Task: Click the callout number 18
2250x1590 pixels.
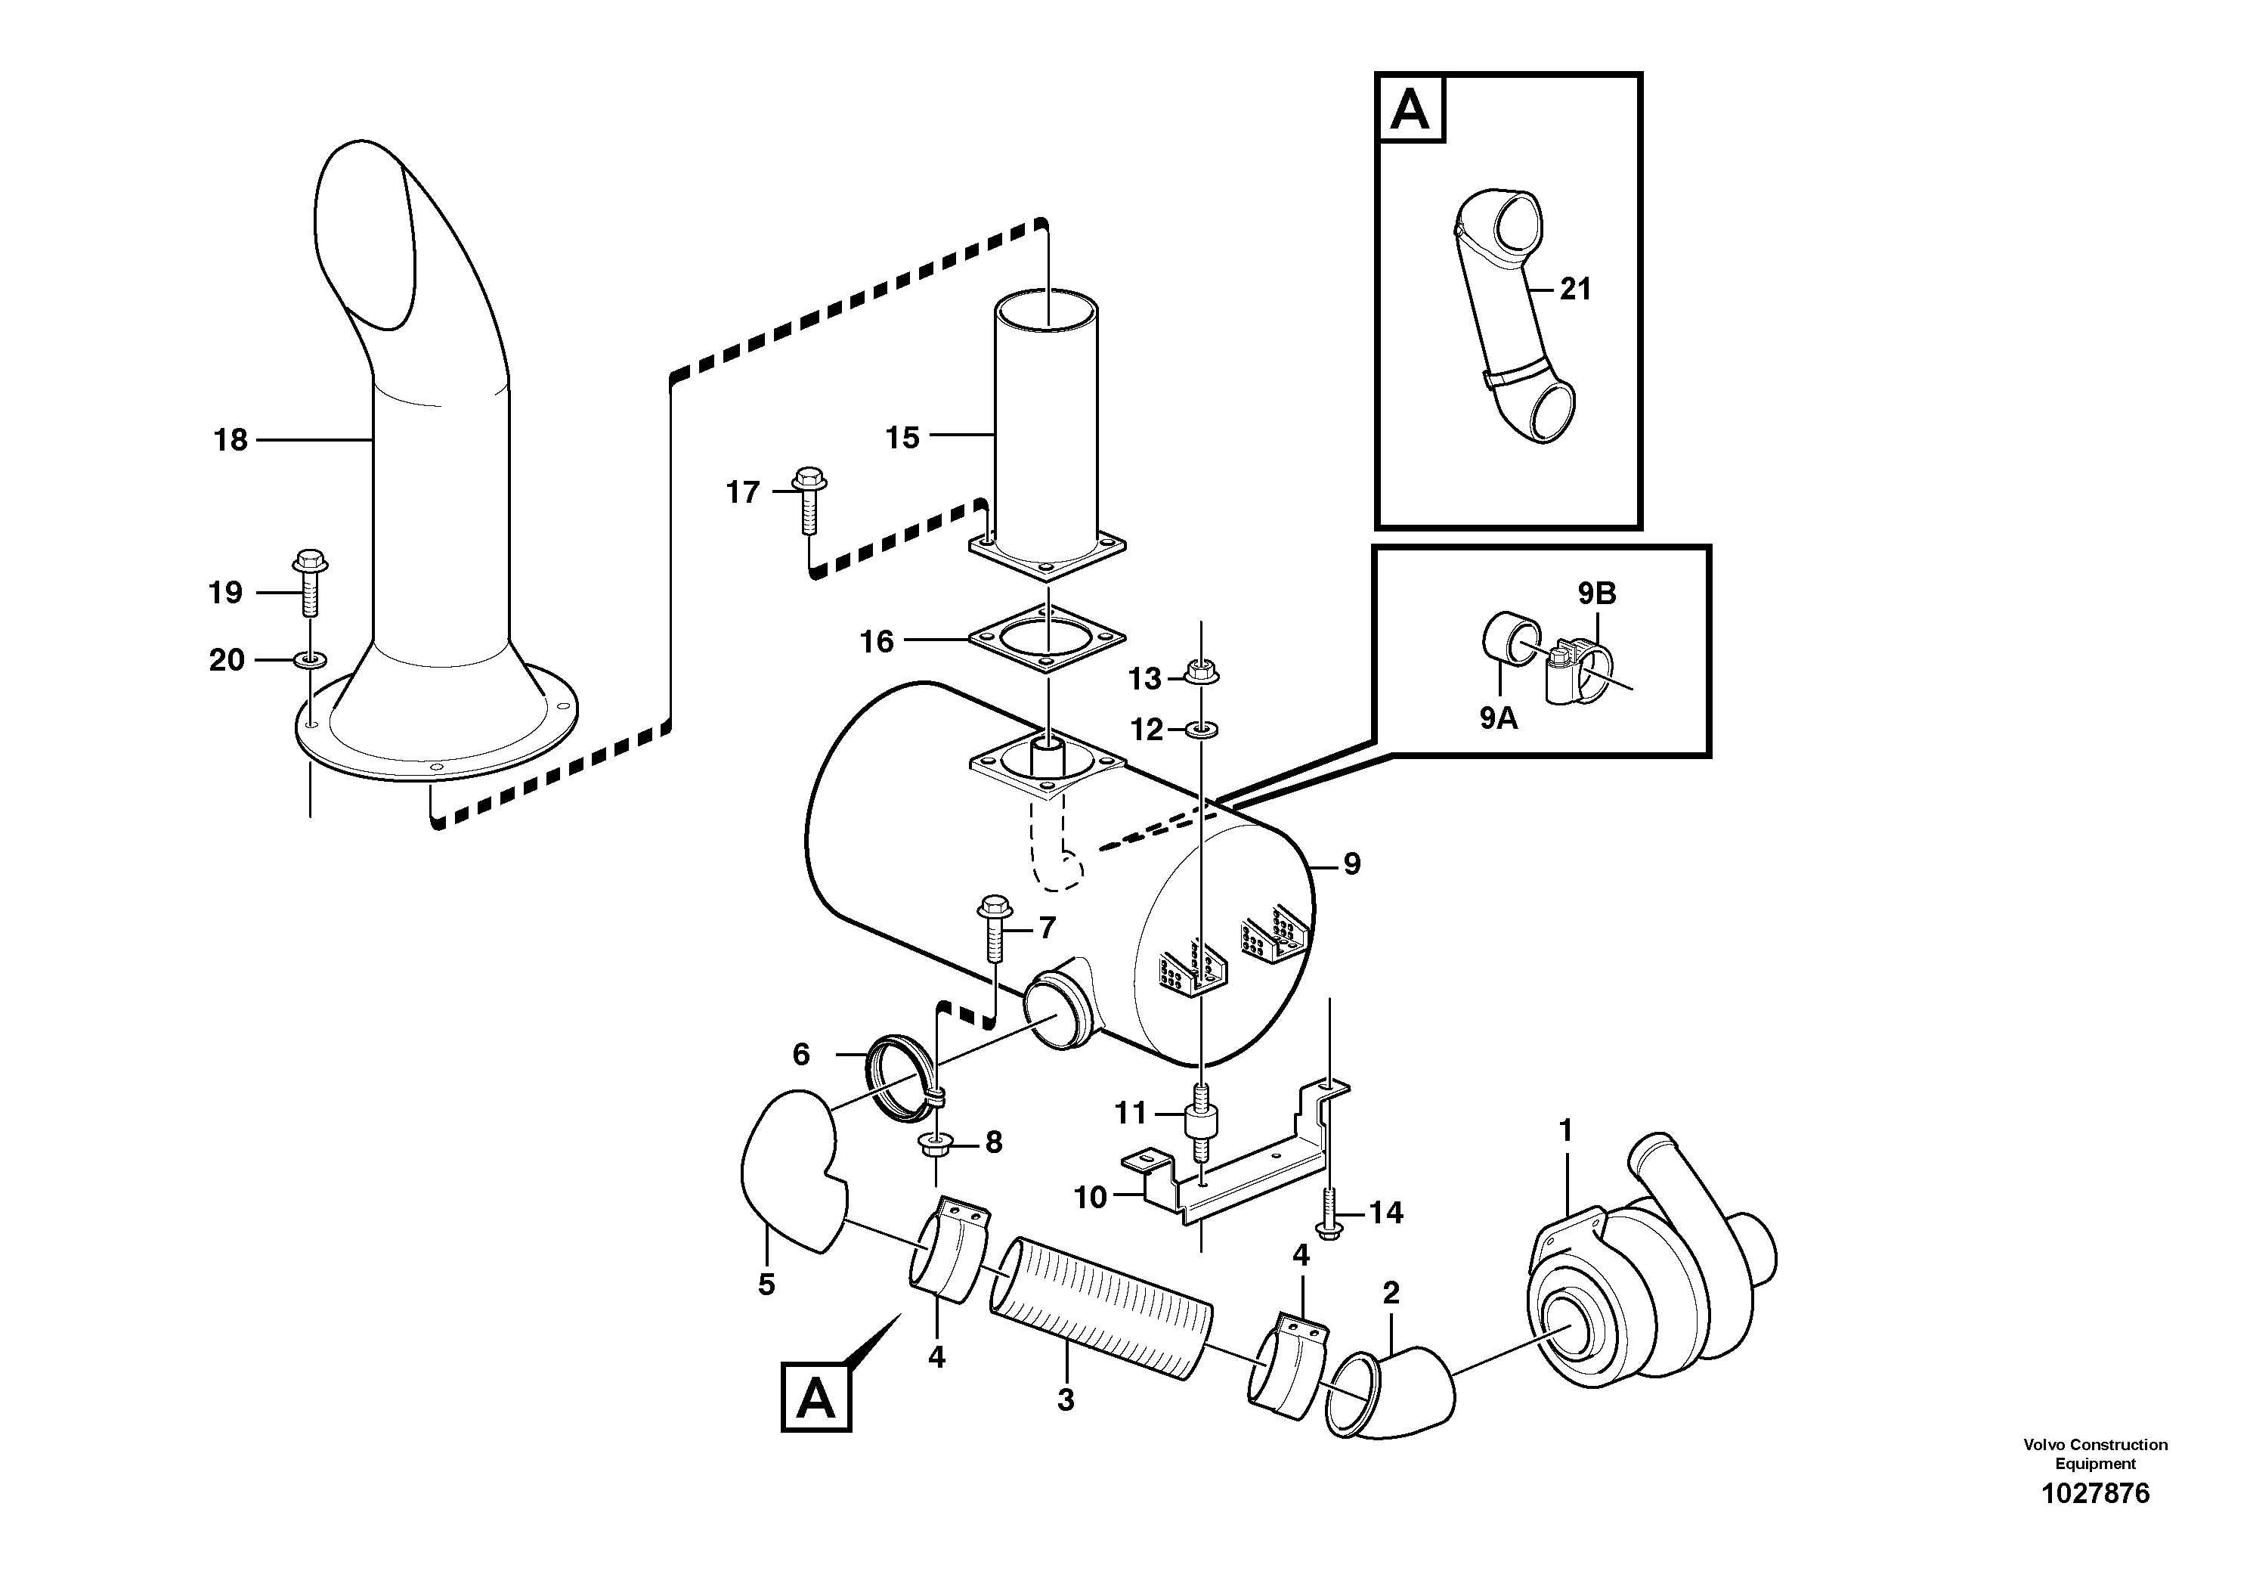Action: coord(231,440)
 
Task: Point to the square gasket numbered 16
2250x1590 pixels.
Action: coord(1047,638)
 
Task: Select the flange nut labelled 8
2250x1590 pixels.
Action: coord(932,1145)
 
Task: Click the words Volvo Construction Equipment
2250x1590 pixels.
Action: coord(2095,1454)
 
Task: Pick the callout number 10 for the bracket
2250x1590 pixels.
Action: coord(1090,1197)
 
